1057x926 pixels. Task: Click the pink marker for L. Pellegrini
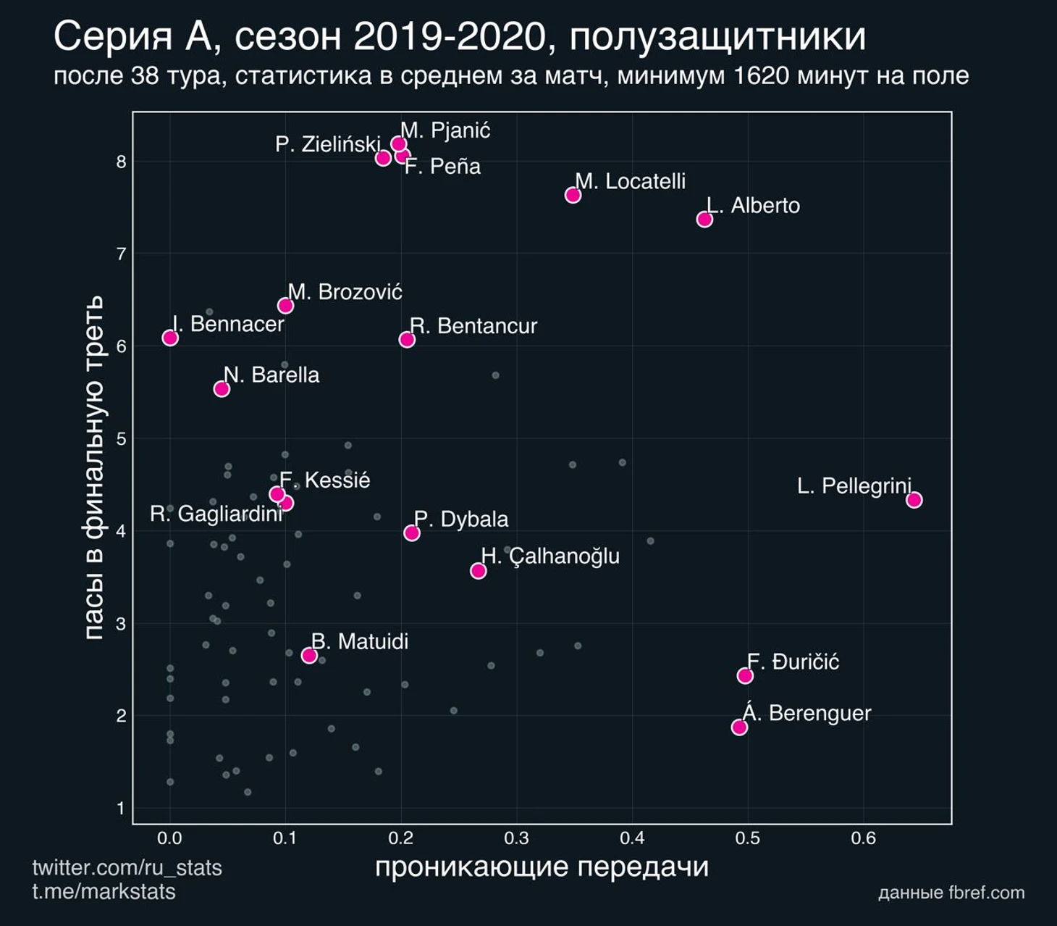click(x=914, y=499)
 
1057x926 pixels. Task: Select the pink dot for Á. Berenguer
click(x=739, y=727)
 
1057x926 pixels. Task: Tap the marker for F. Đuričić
click(x=745, y=675)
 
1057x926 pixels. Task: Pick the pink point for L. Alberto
click(x=704, y=219)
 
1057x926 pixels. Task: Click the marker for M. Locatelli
click(x=573, y=195)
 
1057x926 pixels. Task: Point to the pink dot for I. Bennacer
click(x=170, y=338)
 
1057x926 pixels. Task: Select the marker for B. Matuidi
click(x=309, y=656)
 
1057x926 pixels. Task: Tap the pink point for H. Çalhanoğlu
click(x=478, y=571)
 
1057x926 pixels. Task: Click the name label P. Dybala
click(x=461, y=520)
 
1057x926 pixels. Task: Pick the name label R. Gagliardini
click(x=216, y=514)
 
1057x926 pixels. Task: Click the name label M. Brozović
click(x=345, y=292)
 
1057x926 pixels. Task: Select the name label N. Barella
click(x=271, y=375)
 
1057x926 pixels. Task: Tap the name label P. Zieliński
click(x=327, y=144)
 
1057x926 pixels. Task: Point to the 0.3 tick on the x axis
click(x=516, y=838)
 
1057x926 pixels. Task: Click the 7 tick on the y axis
click(x=121, y=254)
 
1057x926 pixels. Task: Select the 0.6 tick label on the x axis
click(x=863, y=838)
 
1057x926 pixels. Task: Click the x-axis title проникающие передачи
click(x=542, y=867)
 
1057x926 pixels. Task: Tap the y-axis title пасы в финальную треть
click(x=93, y=467)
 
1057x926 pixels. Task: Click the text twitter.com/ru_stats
click(x=127, y=867)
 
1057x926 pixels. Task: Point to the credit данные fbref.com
click(x=951, y=893)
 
